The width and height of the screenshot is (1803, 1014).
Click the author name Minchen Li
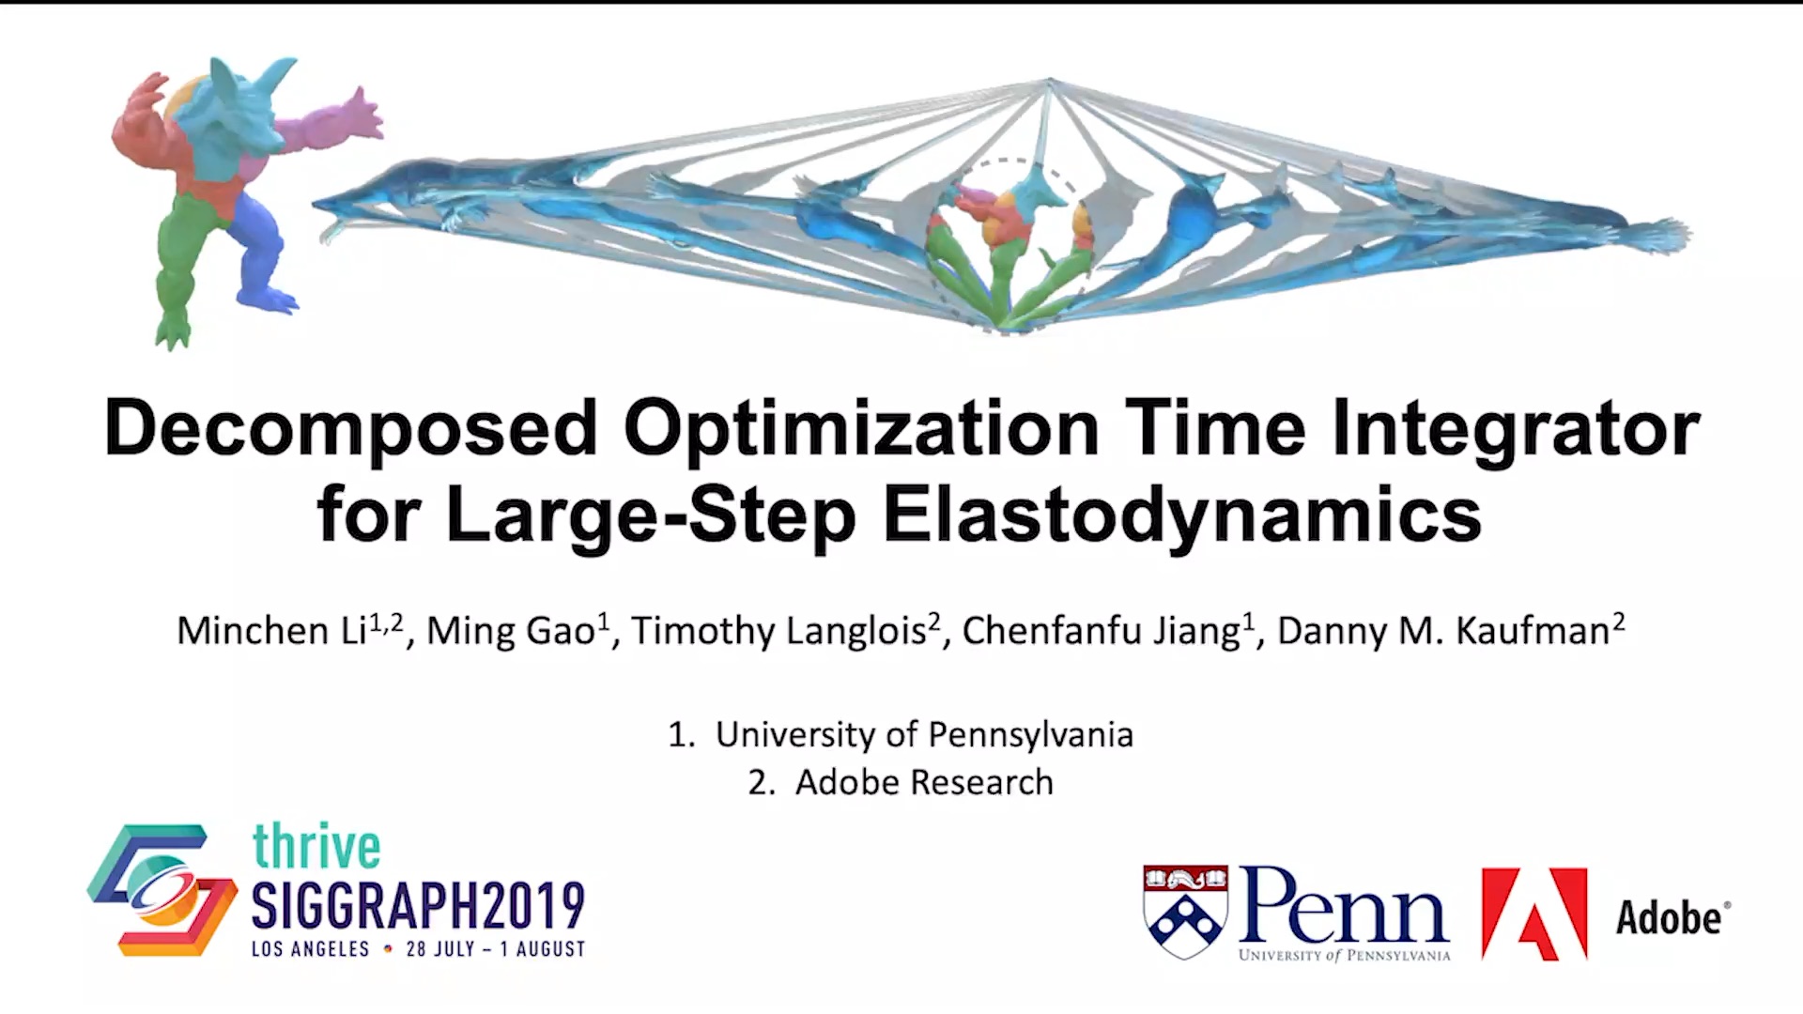pos(290,630)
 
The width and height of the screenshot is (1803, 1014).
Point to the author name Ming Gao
pos(518,630)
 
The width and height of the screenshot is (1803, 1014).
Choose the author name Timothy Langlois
pos(785,630)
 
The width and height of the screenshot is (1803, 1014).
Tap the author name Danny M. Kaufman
pos(1451,630)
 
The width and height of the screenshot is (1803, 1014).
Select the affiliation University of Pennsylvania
pos(924,734)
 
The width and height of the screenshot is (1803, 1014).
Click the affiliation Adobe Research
pos(924,782)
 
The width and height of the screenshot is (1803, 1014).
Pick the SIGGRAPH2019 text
pos(418,905)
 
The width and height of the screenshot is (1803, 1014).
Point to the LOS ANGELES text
pos(310,949)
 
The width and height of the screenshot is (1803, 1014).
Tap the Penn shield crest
pos(1185,911)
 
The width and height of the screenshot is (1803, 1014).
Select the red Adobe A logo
pos(1534,914)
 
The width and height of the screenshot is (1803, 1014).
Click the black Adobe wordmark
pos(1672,918)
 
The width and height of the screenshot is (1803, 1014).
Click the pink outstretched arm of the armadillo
pos(333,122)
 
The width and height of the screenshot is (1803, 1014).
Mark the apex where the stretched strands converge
pos(1049,81)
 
